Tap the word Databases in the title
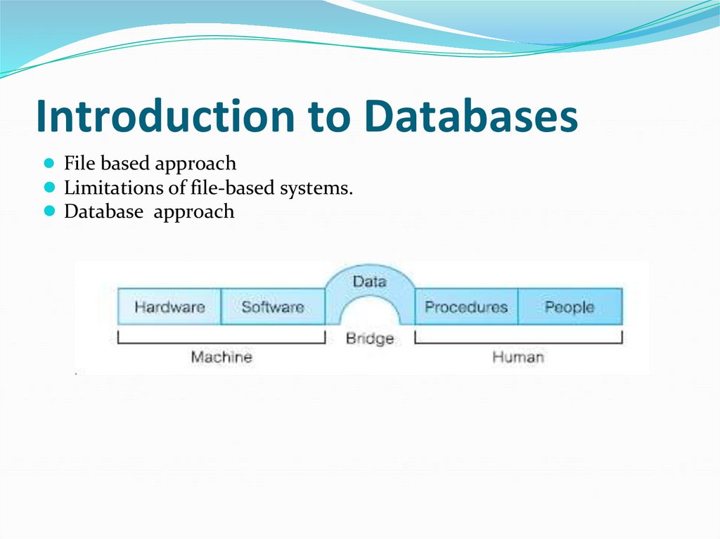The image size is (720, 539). click(x=472, y=116)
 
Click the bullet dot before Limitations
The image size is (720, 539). click(x=49, y=188)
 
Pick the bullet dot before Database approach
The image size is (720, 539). click(x=49, y=211)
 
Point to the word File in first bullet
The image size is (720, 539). click(x=79, y=164)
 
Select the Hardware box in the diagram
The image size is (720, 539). click(x=169, y=307)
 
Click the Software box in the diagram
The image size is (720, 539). click(x=273, y=307)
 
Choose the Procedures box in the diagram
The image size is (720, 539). click(x=466, y=307)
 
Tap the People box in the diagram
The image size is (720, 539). click(x=570, y=307)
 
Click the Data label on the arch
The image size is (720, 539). click(x=369, y=281)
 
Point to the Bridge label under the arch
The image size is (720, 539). click(x=369, y=339)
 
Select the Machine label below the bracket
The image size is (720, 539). click(x=221, y=357)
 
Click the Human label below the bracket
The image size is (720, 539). click(x=517, y=357)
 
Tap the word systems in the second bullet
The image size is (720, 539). click(x=323, y=188)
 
